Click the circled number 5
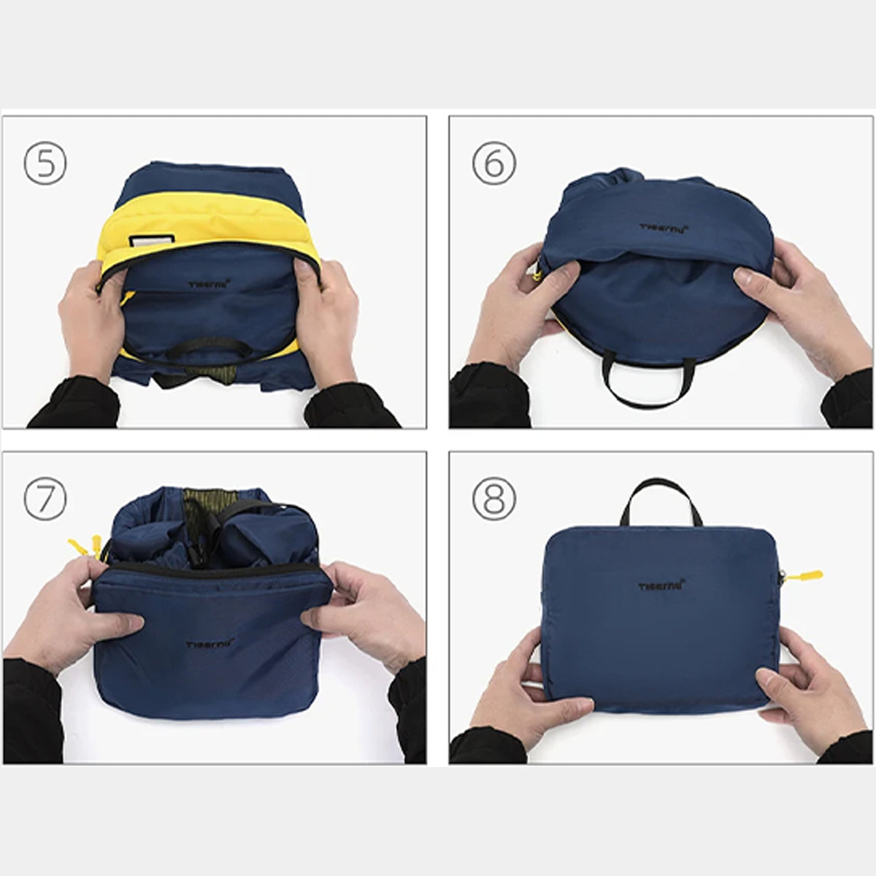[x=45, y=164]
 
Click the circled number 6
[x=493, y=164]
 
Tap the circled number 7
[x=45, y=499]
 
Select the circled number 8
[x=493, y=499]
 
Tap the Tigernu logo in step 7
[x=209, y=644]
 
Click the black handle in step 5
[x=209, y=349]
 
